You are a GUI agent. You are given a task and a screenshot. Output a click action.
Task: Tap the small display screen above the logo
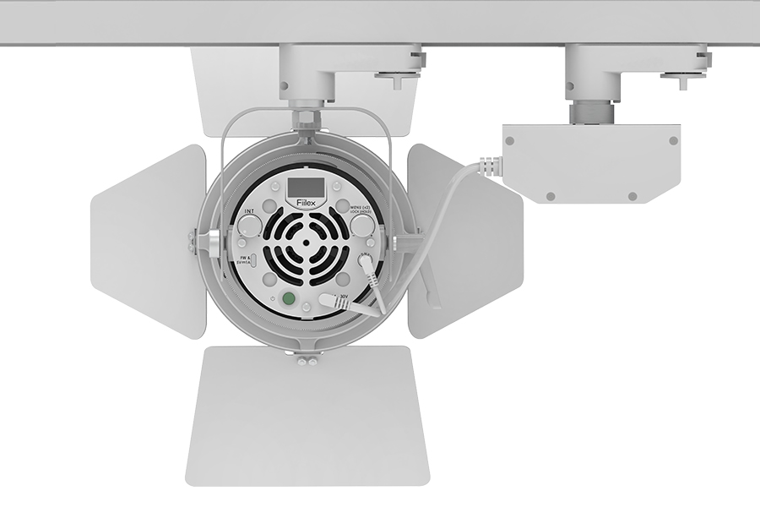pos(304,187)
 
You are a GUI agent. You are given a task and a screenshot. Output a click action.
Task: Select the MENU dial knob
pos(362,224)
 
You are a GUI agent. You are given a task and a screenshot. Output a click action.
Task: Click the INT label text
pos(249,210)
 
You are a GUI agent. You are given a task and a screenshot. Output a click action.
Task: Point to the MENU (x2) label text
pos(361,208)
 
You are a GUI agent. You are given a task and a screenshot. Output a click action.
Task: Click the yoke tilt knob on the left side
pos(207,245)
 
